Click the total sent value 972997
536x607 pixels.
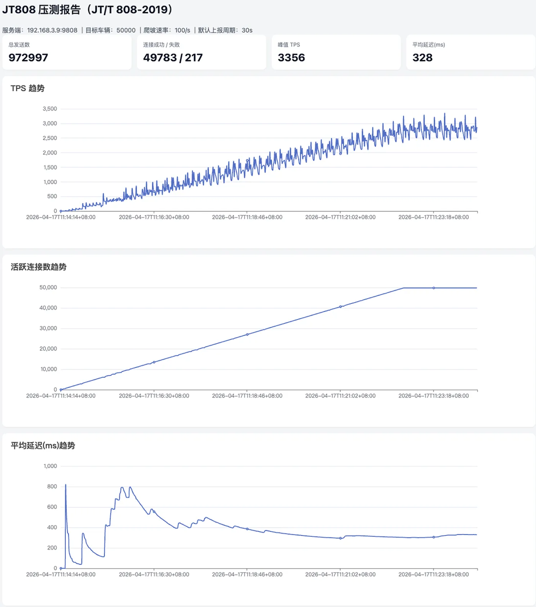coord(28,58)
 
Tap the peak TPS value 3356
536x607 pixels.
coord(291,58)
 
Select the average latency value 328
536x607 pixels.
coord(422,58)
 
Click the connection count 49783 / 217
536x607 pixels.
coord(173,58)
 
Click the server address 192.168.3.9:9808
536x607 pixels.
coord(52,30)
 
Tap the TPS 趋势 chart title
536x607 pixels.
coord(28,88)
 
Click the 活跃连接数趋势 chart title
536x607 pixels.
coord(39,267)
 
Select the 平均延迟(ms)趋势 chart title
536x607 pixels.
coord(43,446)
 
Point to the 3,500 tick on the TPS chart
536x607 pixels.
coord(50,109)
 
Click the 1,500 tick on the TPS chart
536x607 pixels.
coord(50,167)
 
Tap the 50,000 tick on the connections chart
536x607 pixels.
coord(48,287)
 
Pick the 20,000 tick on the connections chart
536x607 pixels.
coord(48,349)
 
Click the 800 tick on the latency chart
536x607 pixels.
coord(52,486)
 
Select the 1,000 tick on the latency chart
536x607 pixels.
coord(50,466)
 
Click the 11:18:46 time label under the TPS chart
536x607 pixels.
coord(247,217)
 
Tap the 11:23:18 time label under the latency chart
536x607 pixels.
coord(433,574)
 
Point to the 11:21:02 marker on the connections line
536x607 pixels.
coord(340,307)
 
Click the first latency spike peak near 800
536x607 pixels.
coord(65,485)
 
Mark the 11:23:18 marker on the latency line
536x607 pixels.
coord(434,537)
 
